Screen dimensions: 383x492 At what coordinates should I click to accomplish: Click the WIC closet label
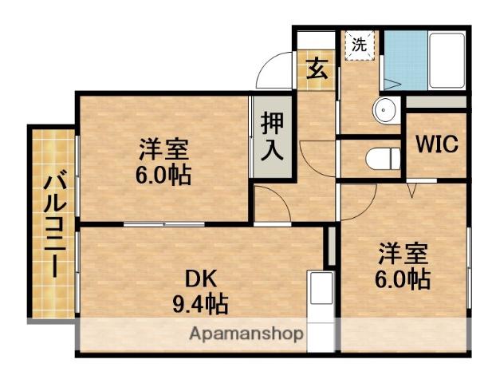(435, 145)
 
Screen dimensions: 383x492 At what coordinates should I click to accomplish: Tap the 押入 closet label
(273, 136)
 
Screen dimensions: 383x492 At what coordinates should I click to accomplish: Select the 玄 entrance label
(317, 68)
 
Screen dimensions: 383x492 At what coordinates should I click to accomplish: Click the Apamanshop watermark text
(246, 333)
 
